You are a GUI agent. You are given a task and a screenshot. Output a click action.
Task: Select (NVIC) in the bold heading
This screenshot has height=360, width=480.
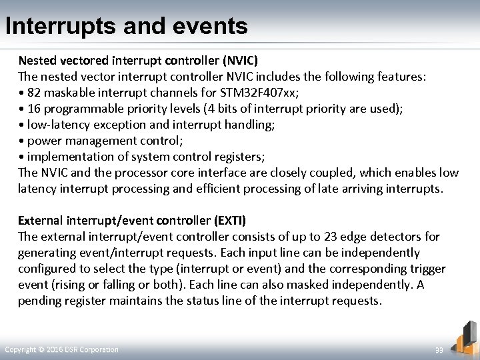[235, 60]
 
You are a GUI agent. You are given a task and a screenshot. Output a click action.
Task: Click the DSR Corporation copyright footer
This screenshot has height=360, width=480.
[61, 350]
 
